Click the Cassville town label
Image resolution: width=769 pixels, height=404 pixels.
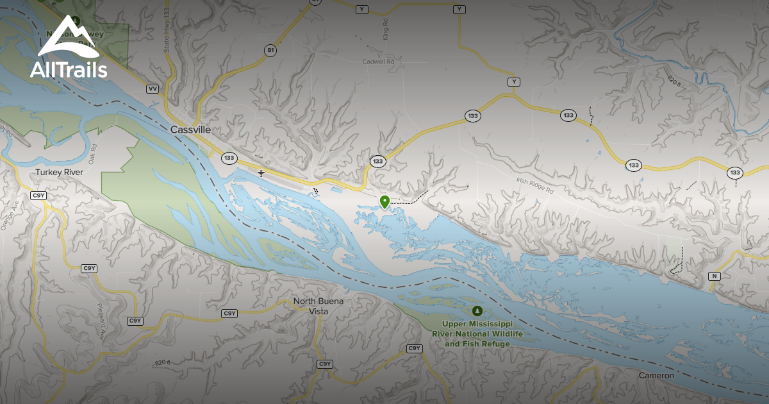click(190, 130)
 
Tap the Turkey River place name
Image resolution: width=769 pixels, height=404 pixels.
click(60, 173)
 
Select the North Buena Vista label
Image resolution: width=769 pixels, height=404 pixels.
click(318, 306)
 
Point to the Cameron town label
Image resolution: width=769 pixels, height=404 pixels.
click(656, 375)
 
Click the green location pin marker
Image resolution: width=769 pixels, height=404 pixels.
click(384, 202)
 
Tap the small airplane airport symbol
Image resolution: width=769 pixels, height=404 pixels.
click(261, 173)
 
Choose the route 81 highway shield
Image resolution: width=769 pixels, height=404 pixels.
click(271, 50)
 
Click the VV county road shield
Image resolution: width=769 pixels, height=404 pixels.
click(153, 88)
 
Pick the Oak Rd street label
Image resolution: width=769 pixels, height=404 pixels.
click(94, 157)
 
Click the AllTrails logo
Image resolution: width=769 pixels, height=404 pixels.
click(67, 48)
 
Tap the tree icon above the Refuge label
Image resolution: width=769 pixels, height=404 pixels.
click(477, 311)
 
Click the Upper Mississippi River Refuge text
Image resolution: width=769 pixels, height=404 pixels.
click(477, 334)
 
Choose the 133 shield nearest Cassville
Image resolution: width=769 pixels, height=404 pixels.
click(229, 157)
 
